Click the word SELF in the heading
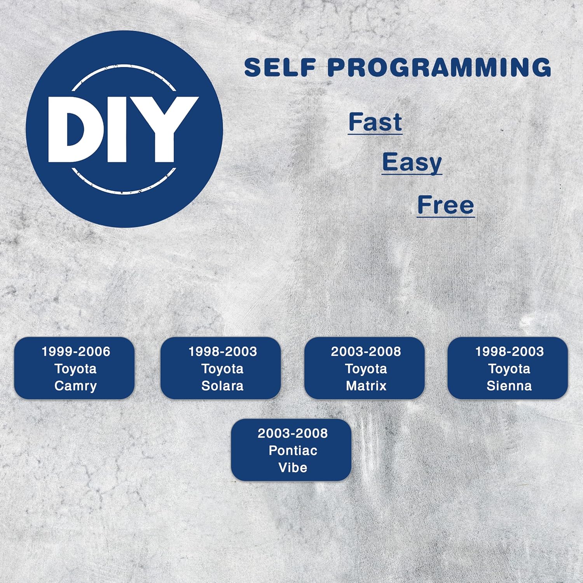[280, 67]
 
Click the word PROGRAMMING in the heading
[439, 67]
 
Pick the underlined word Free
[445, 205]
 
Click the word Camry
[75, 386]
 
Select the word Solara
[222, 386]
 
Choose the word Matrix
[366, 386]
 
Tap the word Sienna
[509, 386]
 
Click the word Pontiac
[293, 450]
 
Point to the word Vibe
[293, 467]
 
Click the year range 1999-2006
[76, 351]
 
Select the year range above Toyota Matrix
[366, 351]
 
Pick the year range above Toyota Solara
[223, 351]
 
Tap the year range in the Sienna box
[509, 351]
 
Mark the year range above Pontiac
[293, 433]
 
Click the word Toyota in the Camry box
[75, 368]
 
